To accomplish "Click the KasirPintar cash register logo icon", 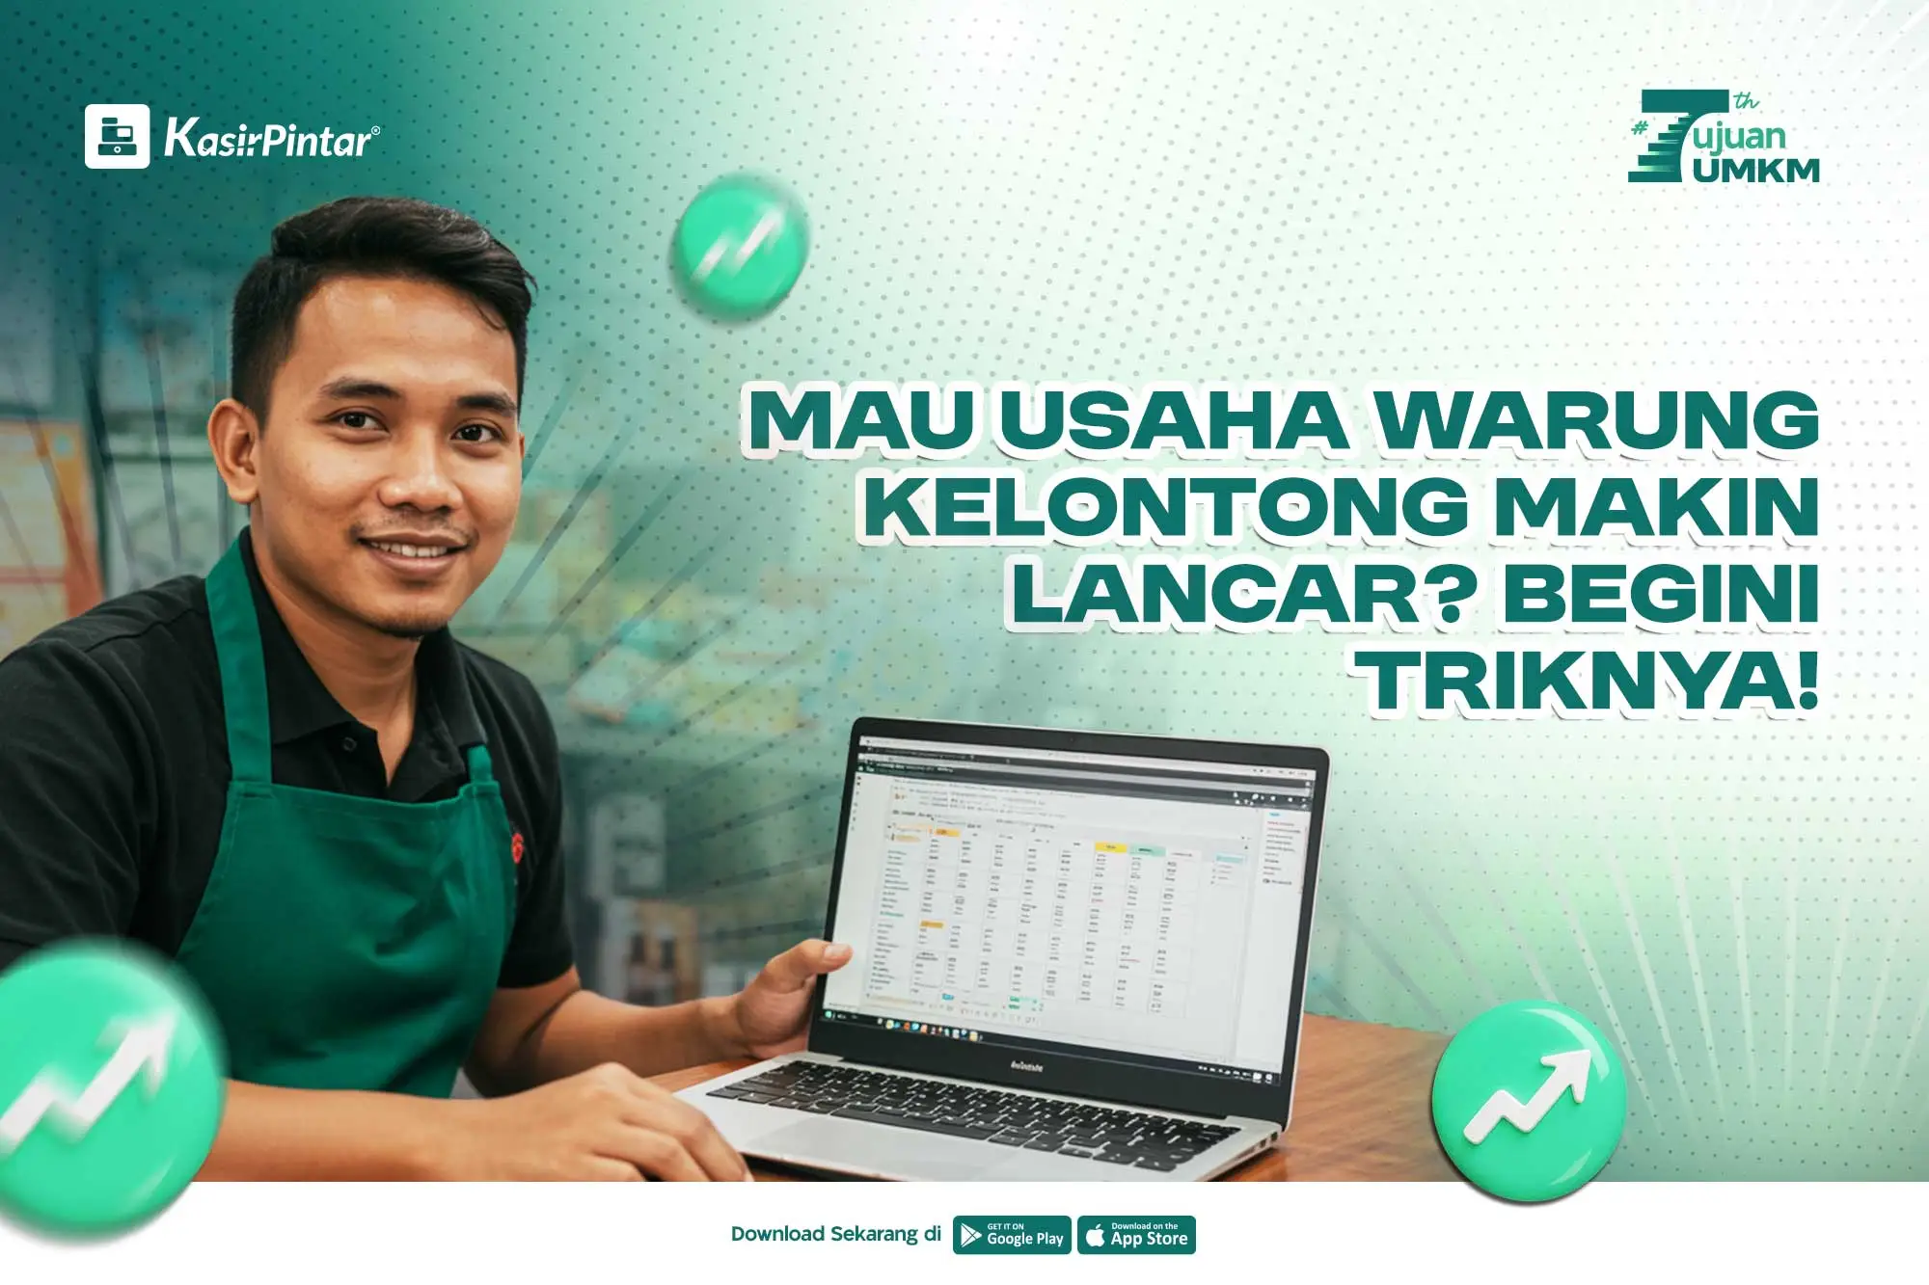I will [117, 136].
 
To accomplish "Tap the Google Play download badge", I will [1012, 1235].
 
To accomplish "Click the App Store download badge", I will [1136, 1235].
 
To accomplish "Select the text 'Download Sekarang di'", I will [835, 1234].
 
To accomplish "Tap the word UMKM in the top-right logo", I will [1755, 170].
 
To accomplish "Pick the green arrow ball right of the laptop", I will [1528, 1099].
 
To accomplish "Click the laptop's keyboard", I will [974, 1109].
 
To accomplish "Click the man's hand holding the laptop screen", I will [781, 993].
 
